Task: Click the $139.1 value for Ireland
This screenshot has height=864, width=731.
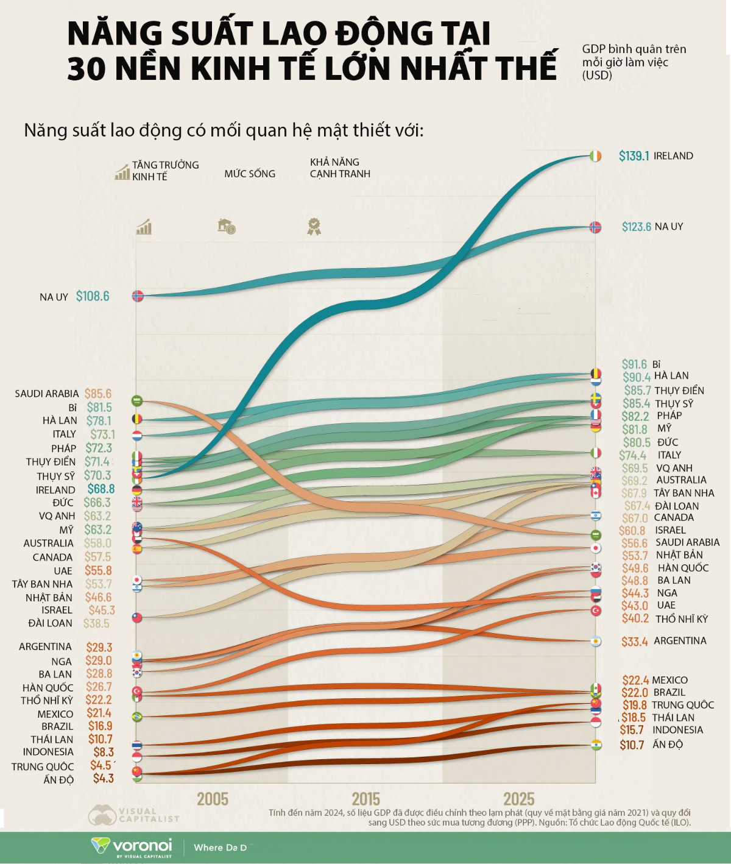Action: pyautogui.click(x=634, y=156)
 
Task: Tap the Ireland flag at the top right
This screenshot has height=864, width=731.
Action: pyautogui.click(x=596, y=156)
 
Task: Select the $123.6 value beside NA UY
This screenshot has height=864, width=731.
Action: pyautogui.click(x=636, y=227)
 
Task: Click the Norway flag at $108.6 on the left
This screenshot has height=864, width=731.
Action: pyautogui.click(x=138, y=296)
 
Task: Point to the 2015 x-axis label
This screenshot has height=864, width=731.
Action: pyautogui.click(x=365, y=799)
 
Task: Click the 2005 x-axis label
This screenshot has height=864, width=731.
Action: pyautogui.click(x=213, y=799)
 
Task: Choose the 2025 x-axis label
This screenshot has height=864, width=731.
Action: pyautogui.click(x=519, y=799)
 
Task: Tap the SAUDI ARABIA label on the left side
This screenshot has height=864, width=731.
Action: pyautogui.click(x=47, y=394)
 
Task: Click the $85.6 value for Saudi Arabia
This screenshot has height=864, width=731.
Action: pyautogui.click(x=98, y=394)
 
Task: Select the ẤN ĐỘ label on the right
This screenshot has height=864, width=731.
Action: pyautogui.click(x=668, y=745)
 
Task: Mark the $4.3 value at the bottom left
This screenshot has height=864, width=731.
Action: pyautogui.click(x=104, y=778)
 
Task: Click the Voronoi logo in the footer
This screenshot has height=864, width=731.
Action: pyautogui.click(x=132, y=846)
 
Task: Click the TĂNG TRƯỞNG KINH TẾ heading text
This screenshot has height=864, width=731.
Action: pyautogui.click(x=165, y=171)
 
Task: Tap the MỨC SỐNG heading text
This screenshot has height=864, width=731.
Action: pyautogui.click(x=250, y=174)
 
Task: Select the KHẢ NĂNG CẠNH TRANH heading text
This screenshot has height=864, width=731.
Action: pyautogui.click(x=340, y=168)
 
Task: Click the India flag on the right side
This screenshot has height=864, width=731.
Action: pyautogui.click(x=596, y=745)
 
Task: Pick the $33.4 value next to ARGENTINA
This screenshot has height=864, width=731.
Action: pyautogui.click(x=634, y=642)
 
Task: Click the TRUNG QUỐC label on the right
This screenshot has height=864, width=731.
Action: pyautogui.click(x=682, y=705)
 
